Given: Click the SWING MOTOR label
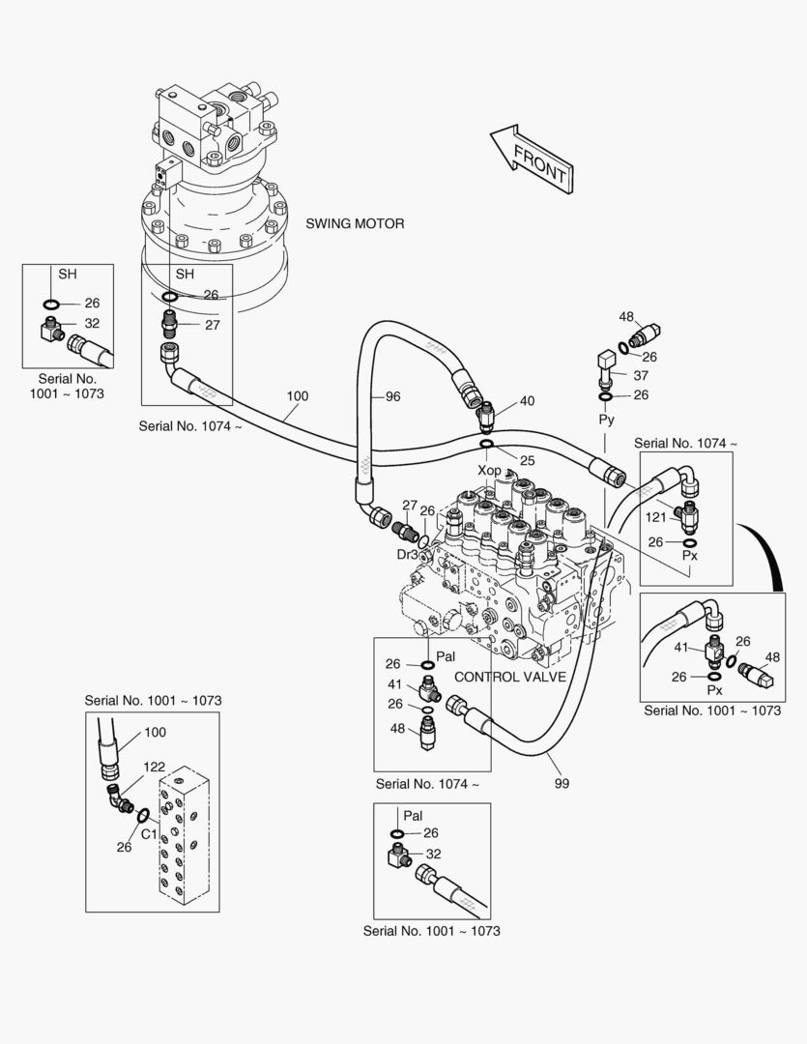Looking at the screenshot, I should click(355, 223).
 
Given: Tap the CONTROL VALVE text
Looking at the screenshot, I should click(509, 677).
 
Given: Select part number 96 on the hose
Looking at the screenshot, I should click(392, 396).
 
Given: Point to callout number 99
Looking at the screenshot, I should click(561, 783).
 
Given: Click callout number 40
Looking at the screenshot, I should click(527, 401).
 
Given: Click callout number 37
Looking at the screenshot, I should click(641, 375).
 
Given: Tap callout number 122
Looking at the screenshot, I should click(154, 767).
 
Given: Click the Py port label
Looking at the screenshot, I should click(606, 420).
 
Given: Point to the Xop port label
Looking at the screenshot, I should click(490, 470).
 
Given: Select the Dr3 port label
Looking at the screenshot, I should click(407, 555).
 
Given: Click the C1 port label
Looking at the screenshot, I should click(150, 833).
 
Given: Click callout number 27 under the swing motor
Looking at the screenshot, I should click(212, 325).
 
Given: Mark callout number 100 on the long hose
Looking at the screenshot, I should click(298, 395).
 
